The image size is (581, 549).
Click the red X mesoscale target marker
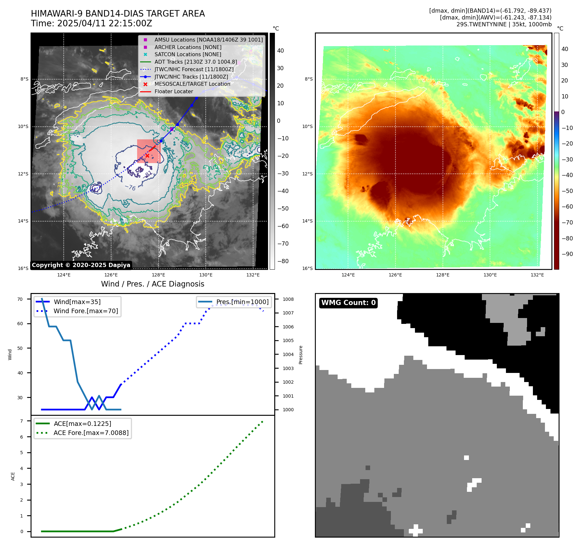coord(147,156)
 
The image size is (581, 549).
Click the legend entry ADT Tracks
coord(196,62)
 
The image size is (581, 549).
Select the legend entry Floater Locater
coord(174,92)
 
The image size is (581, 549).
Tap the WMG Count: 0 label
coord(348,303)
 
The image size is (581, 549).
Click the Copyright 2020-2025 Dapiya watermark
coord(81,265)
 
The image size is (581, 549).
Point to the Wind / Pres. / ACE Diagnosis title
coord(152,284)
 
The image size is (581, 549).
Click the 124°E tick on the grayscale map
coord(64,275)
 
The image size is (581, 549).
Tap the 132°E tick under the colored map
coord(537,275)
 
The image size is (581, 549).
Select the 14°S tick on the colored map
coord(307,221)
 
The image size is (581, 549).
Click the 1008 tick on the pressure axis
coord(288,299)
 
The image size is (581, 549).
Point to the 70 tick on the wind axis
coord(20,299)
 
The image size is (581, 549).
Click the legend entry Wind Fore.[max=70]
coord(86,311)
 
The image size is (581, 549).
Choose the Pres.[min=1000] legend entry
coord(242,302)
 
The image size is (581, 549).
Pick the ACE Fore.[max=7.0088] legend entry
coord(91,433)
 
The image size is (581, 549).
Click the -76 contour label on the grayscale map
coord(130,187)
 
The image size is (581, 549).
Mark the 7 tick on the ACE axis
coord(21,421)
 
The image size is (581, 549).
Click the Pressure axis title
coord(301,355)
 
